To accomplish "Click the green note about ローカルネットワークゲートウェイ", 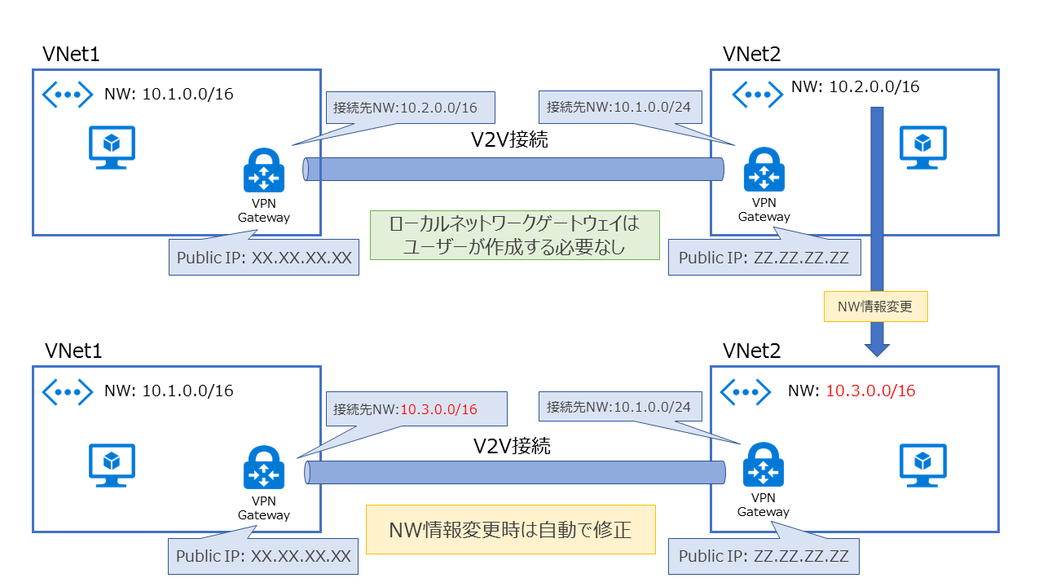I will tap(514, 235).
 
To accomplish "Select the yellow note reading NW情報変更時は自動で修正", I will tap(510, 531).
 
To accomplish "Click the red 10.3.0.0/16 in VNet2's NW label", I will tap(870, 391).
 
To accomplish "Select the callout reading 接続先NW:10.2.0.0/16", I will tap(405, 107).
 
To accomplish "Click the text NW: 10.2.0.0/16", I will tap(855, 86).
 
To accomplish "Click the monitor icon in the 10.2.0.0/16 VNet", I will tap(922, 147).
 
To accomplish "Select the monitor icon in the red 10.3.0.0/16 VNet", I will tap(922, 466).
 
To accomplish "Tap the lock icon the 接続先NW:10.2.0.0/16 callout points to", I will tap(263, 172).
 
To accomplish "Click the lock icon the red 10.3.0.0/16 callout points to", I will tap(263, 470).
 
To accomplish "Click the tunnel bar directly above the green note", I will tap(513, 170).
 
